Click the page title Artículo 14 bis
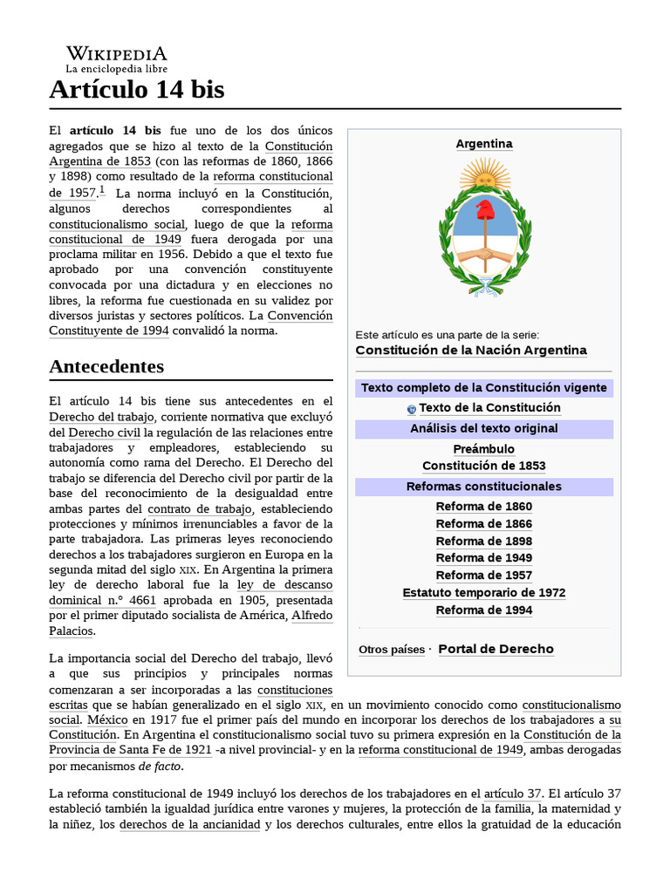click(x=137, y=89)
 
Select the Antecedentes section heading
click(x=106, y=366)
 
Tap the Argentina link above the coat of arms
click(x=484, y=144)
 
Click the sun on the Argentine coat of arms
click(x=484, y=174)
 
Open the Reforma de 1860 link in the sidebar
click(x=484, y=507)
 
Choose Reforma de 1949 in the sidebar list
click(x=484, y=558)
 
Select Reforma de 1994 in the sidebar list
click(x=484, y=610)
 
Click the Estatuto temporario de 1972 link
click(x=484, y=593)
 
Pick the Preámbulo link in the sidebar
click(x=484, y=449)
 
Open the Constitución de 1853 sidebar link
click(x=484, y=466)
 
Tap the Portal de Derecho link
click(x=496, y=649)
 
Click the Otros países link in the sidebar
click(x=392, y=650)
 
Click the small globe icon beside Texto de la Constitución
click(x=412, y=409)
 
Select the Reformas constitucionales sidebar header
click(x=484, y=487)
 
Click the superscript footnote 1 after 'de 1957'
click(x=102, y=190)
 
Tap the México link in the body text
click(x=107, y=720)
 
